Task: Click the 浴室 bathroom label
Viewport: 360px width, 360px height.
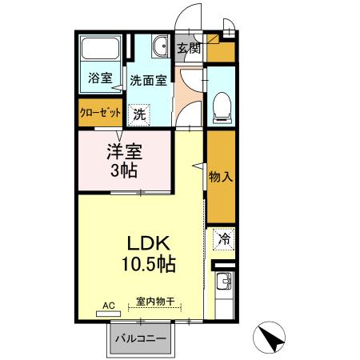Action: (x=100, y=79)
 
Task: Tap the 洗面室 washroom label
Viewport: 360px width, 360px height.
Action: (x=148, y=80)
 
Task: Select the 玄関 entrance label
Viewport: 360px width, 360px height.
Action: (x=189, y=49)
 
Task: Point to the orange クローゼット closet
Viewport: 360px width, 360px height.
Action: (x=100, y=113)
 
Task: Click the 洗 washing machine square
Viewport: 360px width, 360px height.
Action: (x=140, y=114)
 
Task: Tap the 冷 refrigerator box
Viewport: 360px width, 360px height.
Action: (x=225, y=238)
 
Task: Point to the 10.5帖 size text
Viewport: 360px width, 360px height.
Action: (x=148, y=263)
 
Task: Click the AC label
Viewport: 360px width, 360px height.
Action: (x=110, y=304)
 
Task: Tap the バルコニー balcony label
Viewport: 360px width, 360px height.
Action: (x=139, y=338)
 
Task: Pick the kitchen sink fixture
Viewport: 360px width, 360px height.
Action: (x=224, y=281)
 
